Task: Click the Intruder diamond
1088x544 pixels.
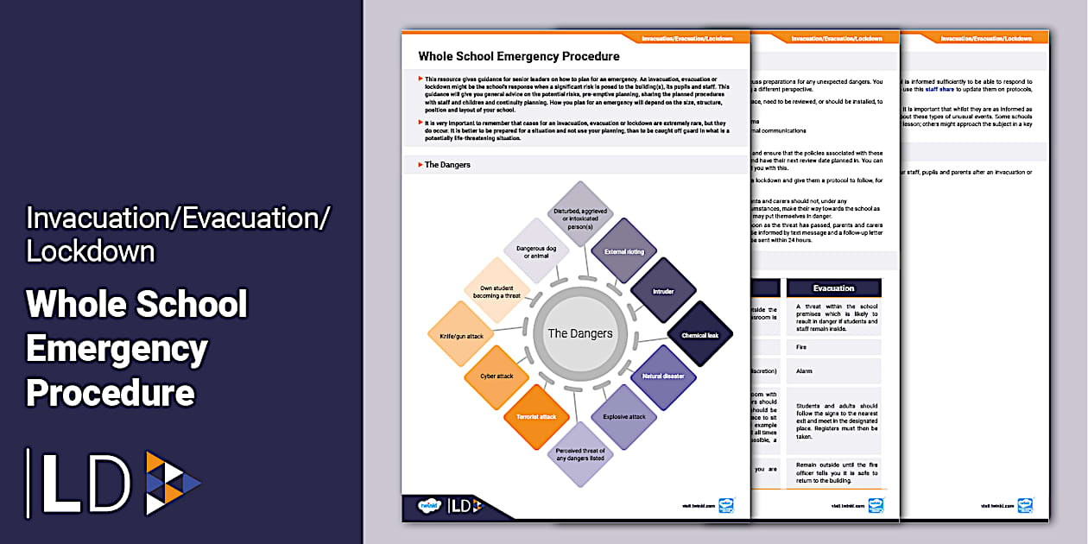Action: (663, 292)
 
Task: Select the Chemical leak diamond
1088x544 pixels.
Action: (699, 335)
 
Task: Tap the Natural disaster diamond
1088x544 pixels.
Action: (664, 376)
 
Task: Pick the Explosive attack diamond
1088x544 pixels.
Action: (623, 417)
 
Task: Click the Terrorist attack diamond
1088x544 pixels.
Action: (536, 417)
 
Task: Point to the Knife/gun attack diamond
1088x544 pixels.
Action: (461, 335)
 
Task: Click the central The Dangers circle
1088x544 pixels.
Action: (580, 333)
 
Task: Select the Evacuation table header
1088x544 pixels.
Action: (833, 288)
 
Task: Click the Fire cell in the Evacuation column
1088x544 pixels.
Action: (833, 347)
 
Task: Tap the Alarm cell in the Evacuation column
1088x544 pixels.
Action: (833, 371)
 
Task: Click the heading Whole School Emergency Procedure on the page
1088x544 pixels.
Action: (519, 56)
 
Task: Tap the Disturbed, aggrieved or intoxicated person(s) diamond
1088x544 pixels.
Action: (580, 213)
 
